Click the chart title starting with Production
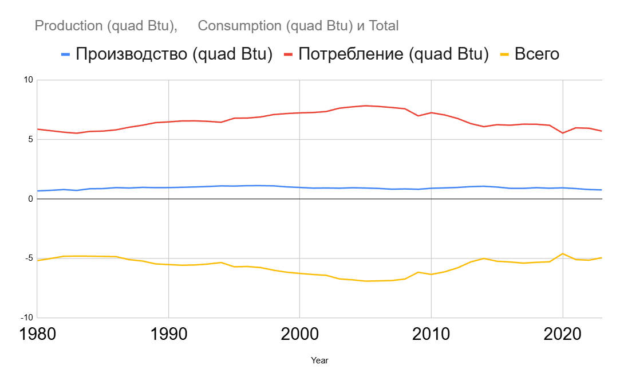tap(216, 26)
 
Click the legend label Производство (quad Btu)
tap(174, 54)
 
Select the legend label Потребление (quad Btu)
tap(393, 54)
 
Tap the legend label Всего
tap(536, 54)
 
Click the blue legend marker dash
tap(66, 54)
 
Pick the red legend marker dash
tap(288, 54)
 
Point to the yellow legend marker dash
tap(504, 54)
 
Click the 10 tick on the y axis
tap(27, 80)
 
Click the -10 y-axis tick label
tap(26, 318)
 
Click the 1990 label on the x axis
tap(168, 334)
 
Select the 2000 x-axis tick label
tap(299, 334)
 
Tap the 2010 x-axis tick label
tap(431, 334)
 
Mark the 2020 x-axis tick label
tap(562, 334)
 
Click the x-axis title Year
tap(319, 361)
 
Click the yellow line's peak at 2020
tap(563, 253)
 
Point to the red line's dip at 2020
tap(563, 133)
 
